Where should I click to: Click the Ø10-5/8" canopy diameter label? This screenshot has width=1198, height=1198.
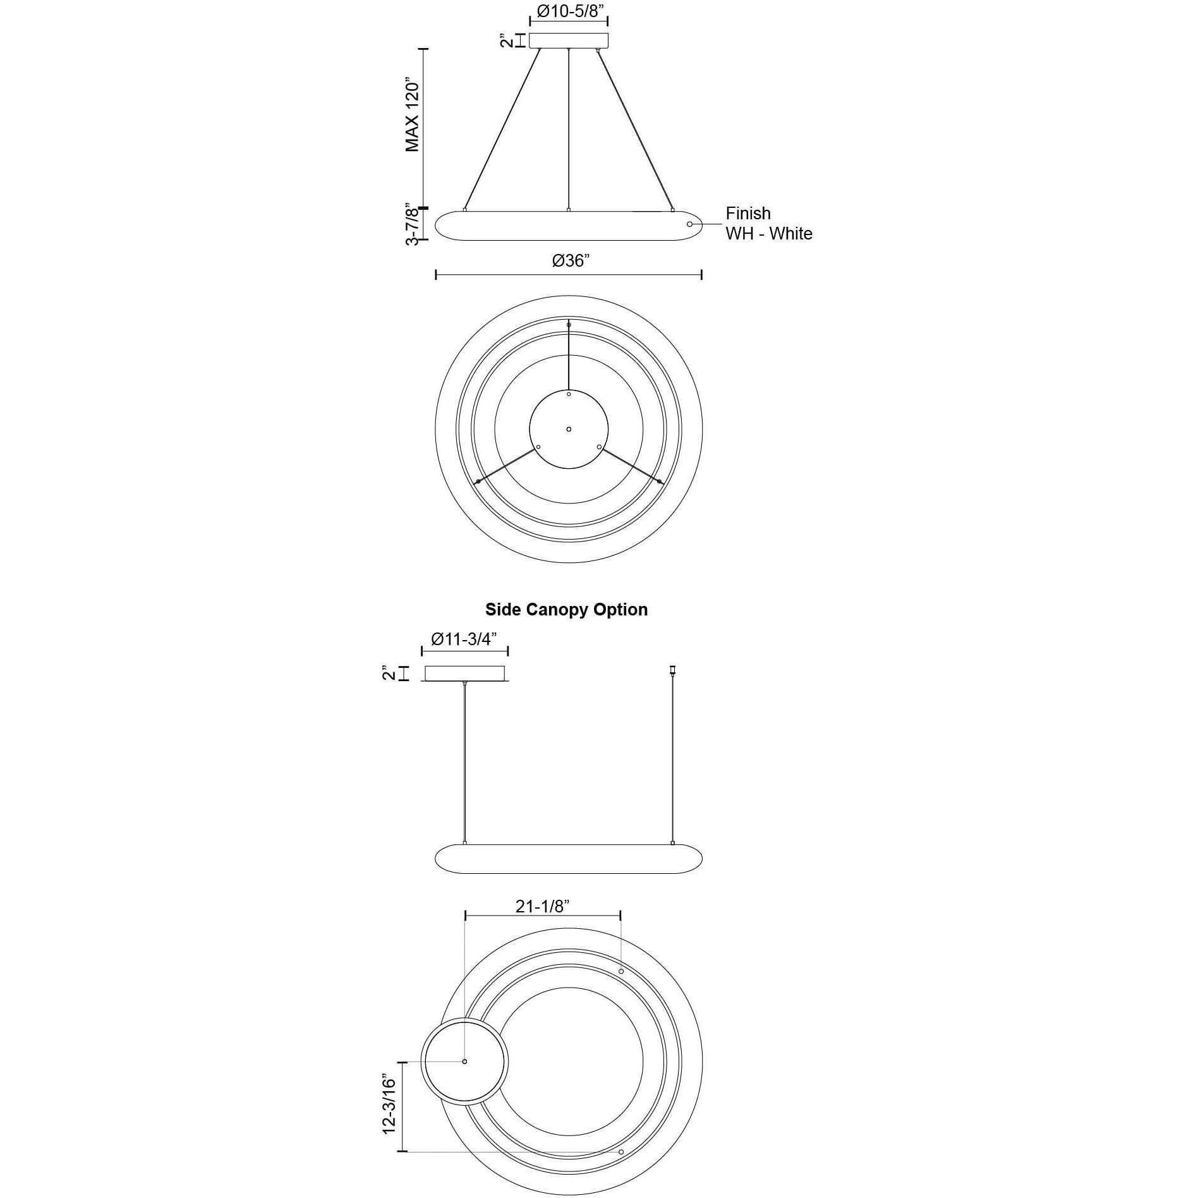[x=568, y=11]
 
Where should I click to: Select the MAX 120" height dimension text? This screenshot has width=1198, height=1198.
[x=412, y=116]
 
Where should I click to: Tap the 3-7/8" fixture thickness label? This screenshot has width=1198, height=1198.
[x=413, y=224]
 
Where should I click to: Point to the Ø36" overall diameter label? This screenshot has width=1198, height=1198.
[x=571, y=260]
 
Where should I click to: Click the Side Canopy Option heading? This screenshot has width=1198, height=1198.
[x=566, y=609]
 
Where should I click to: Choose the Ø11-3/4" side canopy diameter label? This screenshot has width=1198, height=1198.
[x=464, y=639]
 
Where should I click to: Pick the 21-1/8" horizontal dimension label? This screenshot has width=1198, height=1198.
[x=543, y=906]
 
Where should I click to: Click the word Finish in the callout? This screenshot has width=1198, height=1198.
[x=748, y=214]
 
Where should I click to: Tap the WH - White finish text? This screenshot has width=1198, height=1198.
[x=769, y=234]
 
